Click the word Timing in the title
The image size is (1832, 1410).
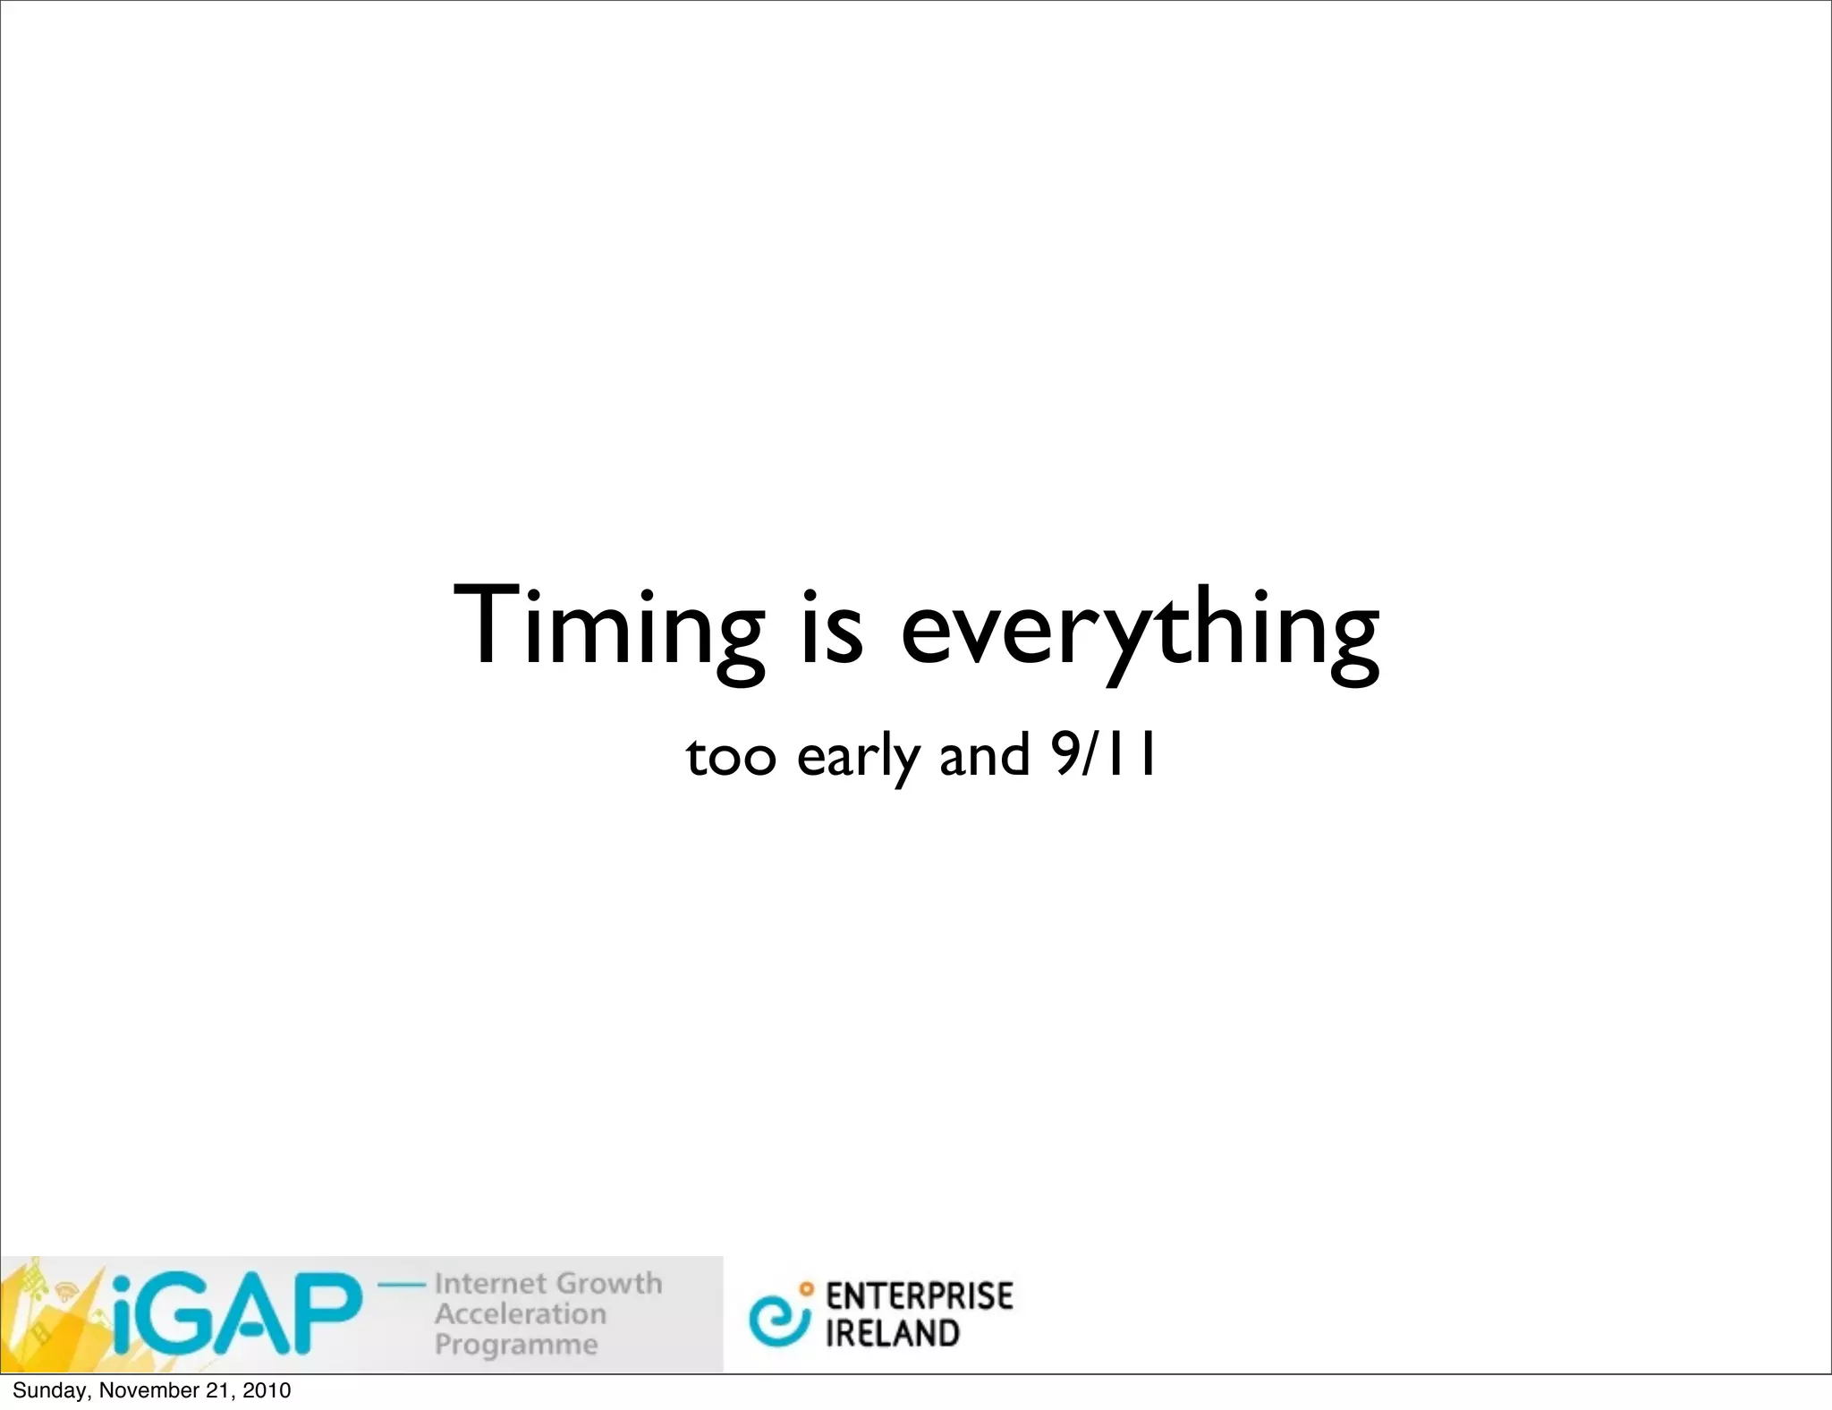tap(609, 627)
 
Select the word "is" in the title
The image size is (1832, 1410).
tap(833, 625)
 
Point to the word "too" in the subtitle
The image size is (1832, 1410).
tap(730, 756)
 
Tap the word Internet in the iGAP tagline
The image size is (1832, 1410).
tap(491, 1283)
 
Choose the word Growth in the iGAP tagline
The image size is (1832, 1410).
tap(609, 1283)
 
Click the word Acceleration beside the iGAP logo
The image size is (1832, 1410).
tap(521, 1313)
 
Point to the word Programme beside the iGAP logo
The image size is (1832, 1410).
tap(516, 1345)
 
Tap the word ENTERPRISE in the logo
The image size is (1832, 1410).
tap(920, 1295)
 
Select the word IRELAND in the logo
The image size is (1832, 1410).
tap(892, 1333)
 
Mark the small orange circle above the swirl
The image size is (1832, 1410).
tap(807, 1289)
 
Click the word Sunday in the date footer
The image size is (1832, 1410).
tap(50, 1390)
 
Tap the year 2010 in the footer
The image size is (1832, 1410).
tap(267, 1390)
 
